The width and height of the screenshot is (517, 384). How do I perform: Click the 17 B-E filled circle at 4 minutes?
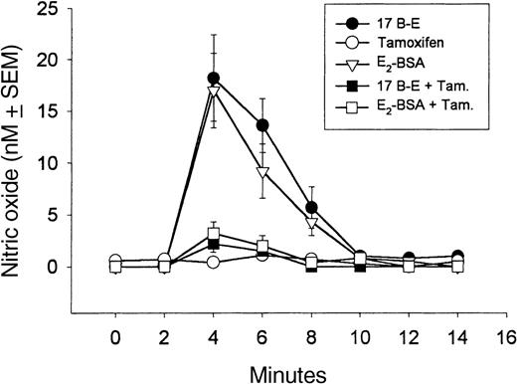pyautogui.click(x=214, y=78)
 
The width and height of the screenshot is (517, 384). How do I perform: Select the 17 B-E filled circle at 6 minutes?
pyautogui.click(x=262, y=125)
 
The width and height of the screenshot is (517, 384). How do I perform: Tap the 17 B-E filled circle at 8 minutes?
pyautogui.click(x=311, y=207)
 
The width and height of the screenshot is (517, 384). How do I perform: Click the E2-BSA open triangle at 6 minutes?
pyautogui.click(x=262, y=172)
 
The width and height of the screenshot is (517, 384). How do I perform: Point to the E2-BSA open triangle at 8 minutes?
pyautogui.click(x=311, y=222)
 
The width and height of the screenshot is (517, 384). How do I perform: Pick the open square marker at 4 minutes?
pyautogui.click(x=214, y=235)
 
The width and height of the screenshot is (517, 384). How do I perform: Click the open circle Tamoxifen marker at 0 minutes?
pyautogui.click(x=116, y=261)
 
